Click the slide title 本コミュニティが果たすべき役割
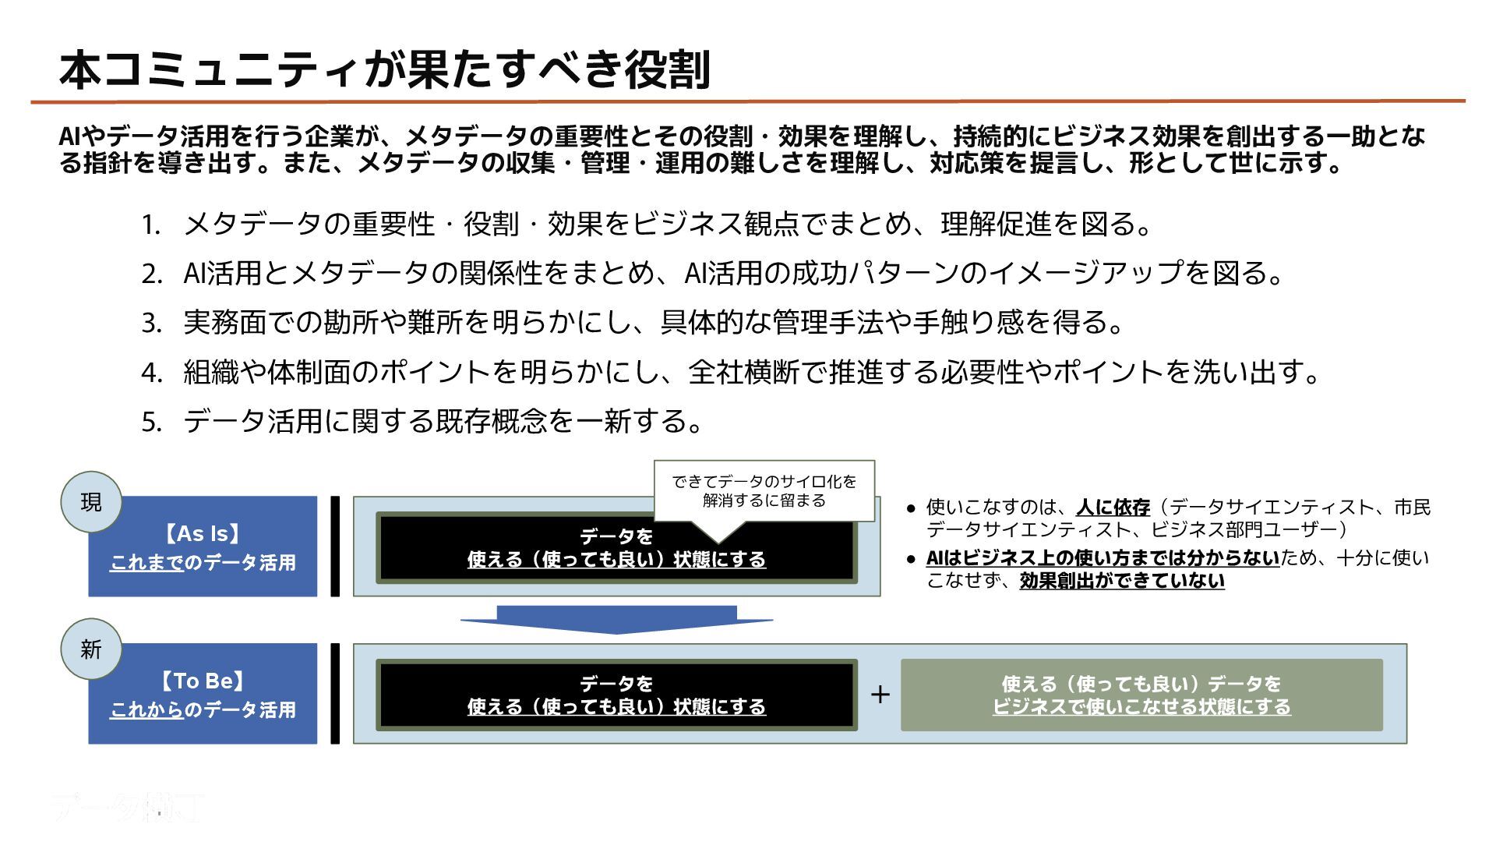384,70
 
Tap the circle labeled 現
91,502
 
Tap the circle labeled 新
91,649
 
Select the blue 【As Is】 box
203,547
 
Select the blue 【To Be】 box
203,695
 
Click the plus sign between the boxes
880,695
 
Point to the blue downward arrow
616,620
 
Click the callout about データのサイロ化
764,491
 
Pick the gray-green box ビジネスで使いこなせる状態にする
1141,695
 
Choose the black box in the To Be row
616,695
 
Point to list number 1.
150,225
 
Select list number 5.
150,423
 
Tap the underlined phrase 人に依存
1113,508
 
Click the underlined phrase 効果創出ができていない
1122,581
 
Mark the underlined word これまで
147,563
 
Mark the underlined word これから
147,710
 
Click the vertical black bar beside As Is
335,547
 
